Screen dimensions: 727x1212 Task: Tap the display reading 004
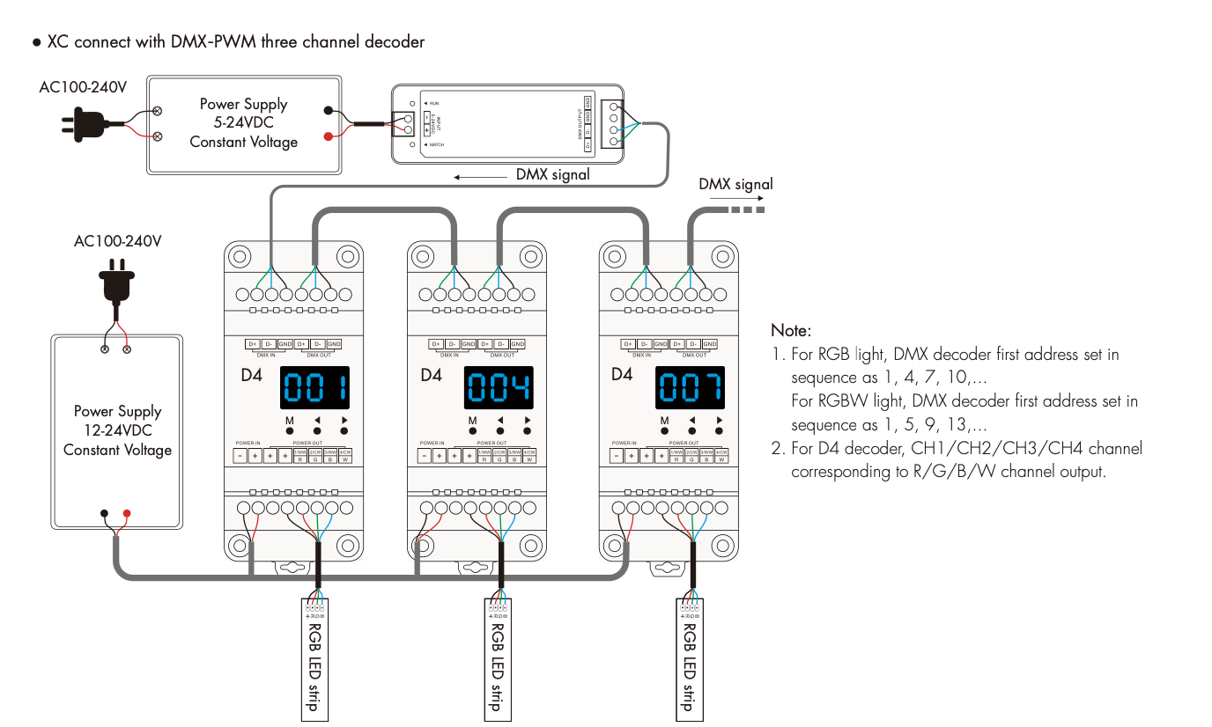(499, 388)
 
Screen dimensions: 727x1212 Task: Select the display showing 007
(690, 388)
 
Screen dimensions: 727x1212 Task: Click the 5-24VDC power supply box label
(244, 123)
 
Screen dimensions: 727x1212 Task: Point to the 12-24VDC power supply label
(117, 430)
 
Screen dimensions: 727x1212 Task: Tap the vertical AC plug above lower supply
(116, 284)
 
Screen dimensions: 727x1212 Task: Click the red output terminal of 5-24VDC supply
(329, 136)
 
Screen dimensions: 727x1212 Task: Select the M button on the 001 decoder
(290, 431)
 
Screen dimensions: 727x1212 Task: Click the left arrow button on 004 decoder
(499, 431)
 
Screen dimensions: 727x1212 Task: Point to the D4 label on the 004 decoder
(431, 375)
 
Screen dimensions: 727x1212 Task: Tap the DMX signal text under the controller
(552, 175)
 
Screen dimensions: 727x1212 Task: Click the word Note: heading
(791, 331)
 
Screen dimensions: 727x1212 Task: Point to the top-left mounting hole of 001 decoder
(238, 257)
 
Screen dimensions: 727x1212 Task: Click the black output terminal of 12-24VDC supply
(105, 513)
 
